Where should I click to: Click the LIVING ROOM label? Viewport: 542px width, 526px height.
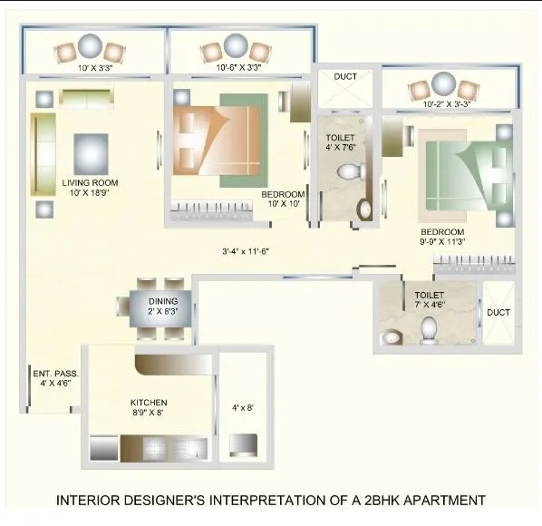pos(90,182)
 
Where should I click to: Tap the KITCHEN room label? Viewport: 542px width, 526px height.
pos(148,402)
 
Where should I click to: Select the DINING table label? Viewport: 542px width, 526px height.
pos(163,301)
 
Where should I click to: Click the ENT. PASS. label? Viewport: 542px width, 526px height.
pos(56,374)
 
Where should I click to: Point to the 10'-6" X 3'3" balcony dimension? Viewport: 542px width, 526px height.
pos(240,67)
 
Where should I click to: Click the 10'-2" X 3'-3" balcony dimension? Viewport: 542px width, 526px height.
pos(448,104)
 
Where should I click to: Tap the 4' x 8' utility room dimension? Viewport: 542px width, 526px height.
pos(242,407)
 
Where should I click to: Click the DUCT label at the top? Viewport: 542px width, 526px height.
pos(345,78)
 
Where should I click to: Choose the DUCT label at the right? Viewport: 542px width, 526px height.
pos(498,313)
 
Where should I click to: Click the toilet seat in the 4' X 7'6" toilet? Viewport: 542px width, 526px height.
pos(349,171)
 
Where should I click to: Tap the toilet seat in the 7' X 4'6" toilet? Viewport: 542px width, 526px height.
pos(430,334)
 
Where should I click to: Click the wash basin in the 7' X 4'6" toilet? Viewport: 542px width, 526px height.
pos(391,337)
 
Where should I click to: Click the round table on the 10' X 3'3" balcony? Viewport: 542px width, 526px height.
pos(91,46)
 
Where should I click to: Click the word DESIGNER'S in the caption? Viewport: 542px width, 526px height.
pos(164,500)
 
